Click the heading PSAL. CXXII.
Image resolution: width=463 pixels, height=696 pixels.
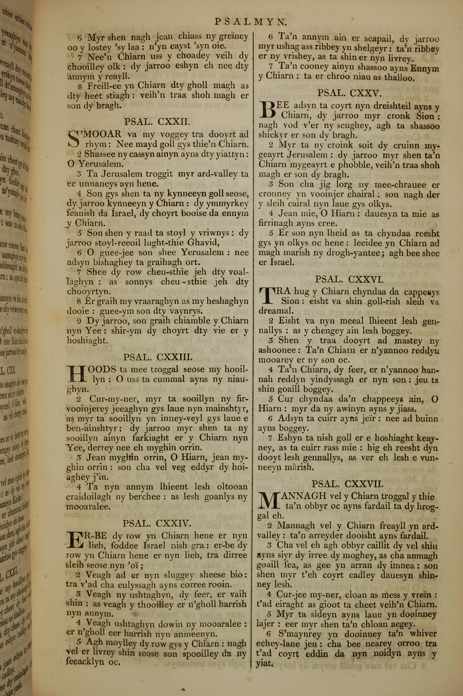coord(156,121)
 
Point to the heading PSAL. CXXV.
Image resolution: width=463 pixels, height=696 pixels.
coord(349,93)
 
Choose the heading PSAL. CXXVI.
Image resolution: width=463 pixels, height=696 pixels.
coord(349,279)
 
